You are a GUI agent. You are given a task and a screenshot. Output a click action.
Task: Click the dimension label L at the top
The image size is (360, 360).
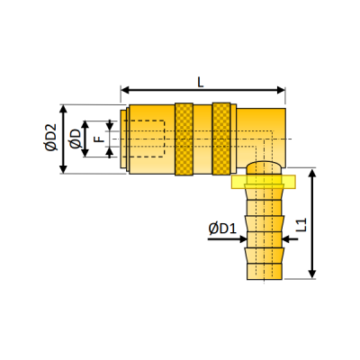click(x=199, y=80)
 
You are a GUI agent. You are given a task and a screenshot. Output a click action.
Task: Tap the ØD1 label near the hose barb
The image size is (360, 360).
click(x=221, y=229)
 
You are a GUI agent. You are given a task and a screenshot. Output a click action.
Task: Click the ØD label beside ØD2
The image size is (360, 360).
click(x=75, y=139)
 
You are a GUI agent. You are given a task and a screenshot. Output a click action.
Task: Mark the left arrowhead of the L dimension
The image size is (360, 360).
click(x=125, y=90)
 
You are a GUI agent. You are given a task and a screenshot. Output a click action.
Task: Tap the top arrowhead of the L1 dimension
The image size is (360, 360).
click(x=312, y=174)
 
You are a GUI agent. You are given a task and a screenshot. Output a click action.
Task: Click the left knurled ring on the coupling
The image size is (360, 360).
click(x=184, y=139)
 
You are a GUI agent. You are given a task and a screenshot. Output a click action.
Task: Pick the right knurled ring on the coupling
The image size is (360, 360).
click(x=221, y=139)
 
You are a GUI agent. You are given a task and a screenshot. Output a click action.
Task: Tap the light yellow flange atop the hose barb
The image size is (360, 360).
click(x=262, y=183)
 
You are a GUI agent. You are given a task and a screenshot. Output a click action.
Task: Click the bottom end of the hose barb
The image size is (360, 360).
click(x=263, y=276)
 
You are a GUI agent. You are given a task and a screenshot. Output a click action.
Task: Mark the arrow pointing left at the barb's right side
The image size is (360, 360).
click(x=287, y=239)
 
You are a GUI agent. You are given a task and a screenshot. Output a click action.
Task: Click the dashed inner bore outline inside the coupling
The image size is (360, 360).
click(x=144, y=139)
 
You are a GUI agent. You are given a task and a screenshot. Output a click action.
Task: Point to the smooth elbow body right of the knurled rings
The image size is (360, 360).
click(x=260, y=130)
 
